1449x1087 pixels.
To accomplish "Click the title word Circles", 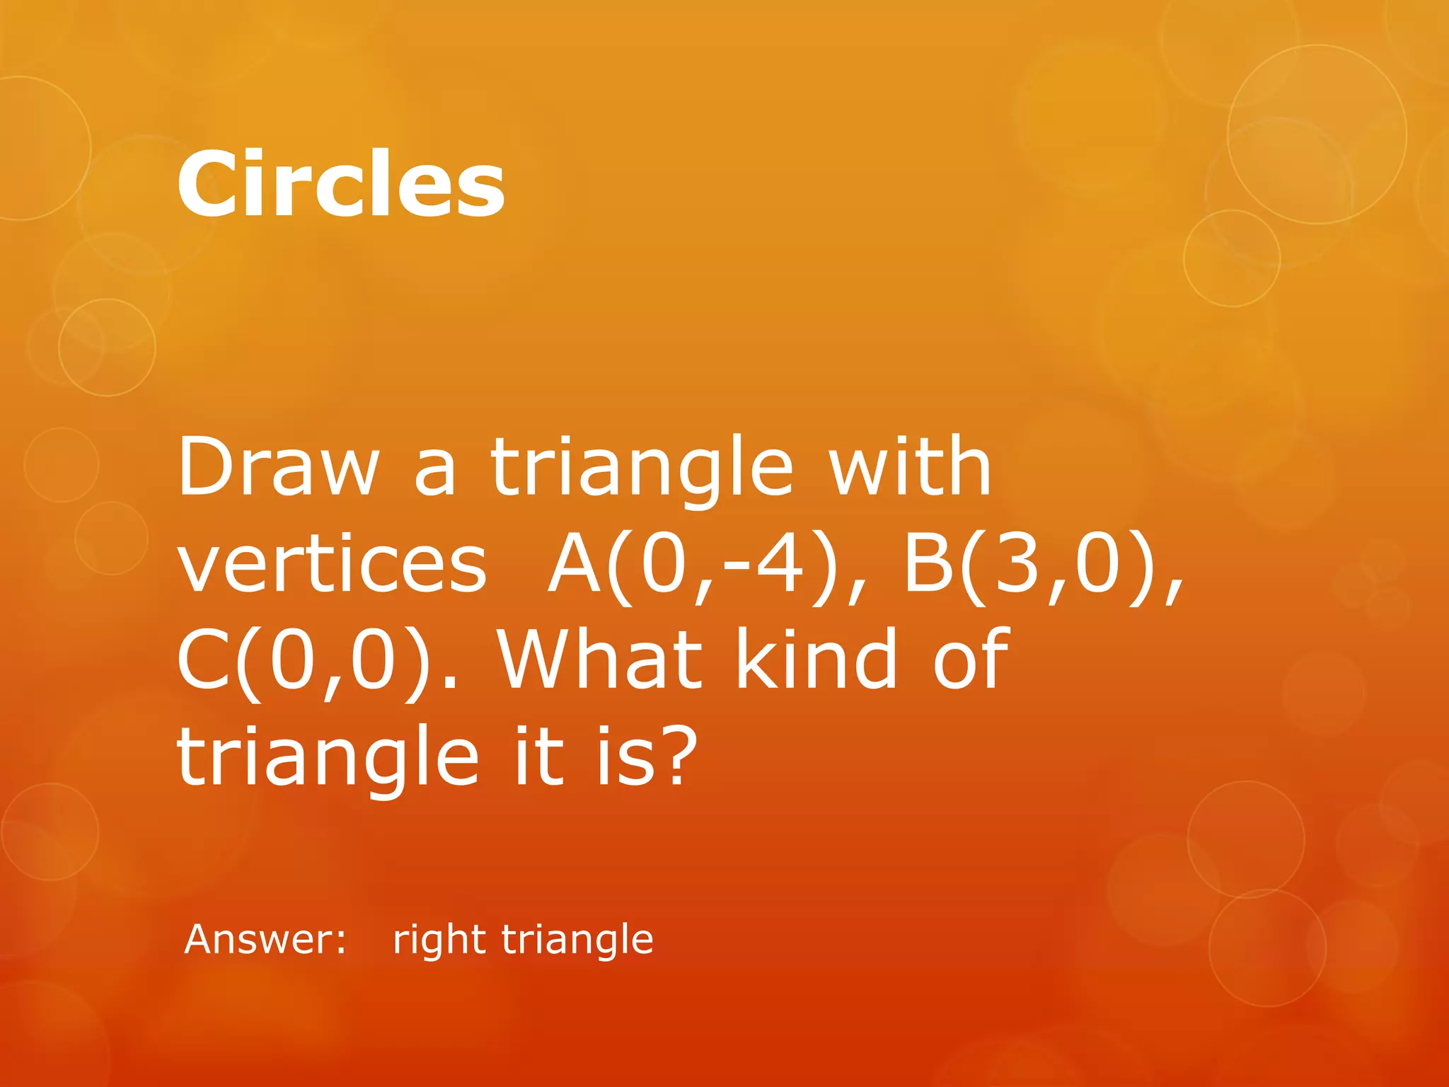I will pos(340,184).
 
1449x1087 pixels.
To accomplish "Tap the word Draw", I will pos(278,467).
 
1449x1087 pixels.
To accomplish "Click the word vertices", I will pos(332,565).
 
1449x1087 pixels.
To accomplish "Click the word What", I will pos(601,660).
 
